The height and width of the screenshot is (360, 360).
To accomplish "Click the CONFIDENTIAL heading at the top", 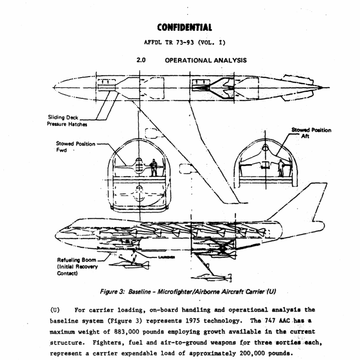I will [184, 28].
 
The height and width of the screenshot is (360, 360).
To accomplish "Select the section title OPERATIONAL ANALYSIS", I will [206, 60].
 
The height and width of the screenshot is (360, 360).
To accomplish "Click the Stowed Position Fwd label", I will [75, 146].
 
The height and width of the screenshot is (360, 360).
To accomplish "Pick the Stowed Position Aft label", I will [311, 133].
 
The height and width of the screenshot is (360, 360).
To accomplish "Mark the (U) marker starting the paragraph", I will [55, 310].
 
